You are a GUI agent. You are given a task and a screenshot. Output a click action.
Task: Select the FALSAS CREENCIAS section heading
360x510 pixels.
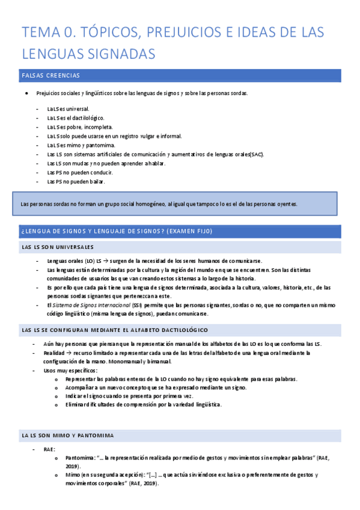(x=50, y=76)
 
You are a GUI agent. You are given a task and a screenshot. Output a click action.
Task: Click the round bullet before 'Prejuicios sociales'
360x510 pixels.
(x=26, y=94)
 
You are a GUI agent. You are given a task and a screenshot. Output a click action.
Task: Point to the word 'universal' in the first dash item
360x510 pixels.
(x=76, y=109)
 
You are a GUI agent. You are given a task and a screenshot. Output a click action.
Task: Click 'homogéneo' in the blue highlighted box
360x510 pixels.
(x=138, y=204)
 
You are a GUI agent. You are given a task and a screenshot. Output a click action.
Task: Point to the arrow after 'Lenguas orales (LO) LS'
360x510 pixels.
(x=104, y=261)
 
